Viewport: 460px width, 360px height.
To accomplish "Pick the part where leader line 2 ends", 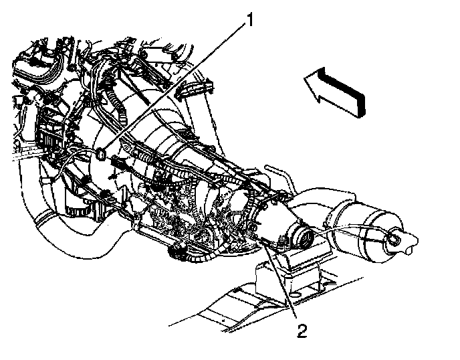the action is [262, 245].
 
